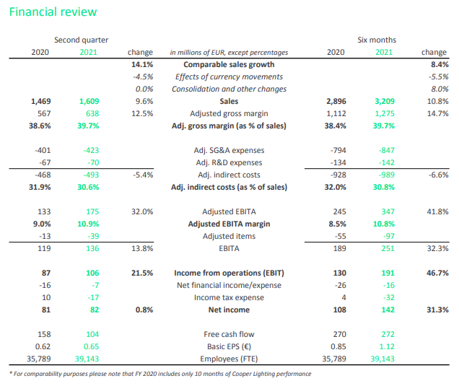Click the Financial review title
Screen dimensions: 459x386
pyautogui.click(x=53, y=12)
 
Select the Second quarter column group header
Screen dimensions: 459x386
pyautogui.click(x=81, y=40)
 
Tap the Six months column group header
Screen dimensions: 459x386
pyautogui.click(x=377, y=40)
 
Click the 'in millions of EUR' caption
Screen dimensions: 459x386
pyautogui.click(x=229, y=53)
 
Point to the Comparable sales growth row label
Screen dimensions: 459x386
pyautogui.click(x=229, y=64)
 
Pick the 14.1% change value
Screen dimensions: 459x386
pyautogui.click(x=142, y=64)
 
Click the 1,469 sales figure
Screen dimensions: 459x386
pyautogui.click(x=41, y=101)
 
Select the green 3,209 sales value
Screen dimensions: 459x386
pyautogui.click(x=385, y=101)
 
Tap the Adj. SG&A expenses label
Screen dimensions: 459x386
pyautogui.click(x=229, y=150)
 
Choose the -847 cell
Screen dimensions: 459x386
pyautogui.click(x=386, y=150)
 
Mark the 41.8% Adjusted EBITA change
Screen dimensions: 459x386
pyautogui.click(x=437, y=211)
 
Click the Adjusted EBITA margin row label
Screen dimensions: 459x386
pyautogui.click(x=229, y=224)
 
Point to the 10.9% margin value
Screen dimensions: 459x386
pyautogui.click(x=88, y=224)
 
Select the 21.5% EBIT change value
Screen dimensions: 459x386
pyautogui.click(x=142, y=273)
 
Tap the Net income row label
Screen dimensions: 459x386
pyautogui.click(x=229, y=310)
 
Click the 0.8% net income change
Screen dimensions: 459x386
pyautogui.click(x=144, y=310)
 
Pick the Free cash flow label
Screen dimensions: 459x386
pyautogui.click(x=229, y=334)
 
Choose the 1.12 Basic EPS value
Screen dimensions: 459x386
pyautogui.click(x=387, y=346)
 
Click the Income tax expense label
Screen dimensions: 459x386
pyautogui.click(x=229, y=297)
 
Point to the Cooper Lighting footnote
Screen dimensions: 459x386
pyautogui.click(x=160, y=374)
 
